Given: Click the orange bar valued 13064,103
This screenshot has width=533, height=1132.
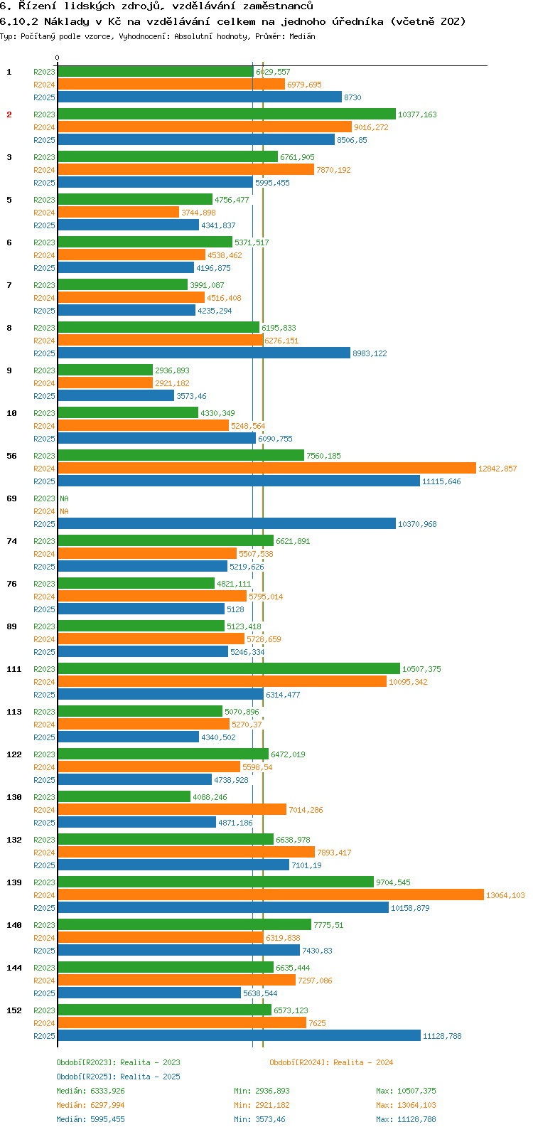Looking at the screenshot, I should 270,895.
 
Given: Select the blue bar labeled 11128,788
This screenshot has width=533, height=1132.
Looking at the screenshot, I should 239,1035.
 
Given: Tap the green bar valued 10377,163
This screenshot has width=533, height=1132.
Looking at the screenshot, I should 226,114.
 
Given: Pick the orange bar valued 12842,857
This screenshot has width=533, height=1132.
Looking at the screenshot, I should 266,468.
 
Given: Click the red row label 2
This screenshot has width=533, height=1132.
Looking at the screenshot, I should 9,114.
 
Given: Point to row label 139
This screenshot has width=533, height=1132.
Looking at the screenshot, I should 14,882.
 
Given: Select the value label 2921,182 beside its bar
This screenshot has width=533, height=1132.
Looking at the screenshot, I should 172,383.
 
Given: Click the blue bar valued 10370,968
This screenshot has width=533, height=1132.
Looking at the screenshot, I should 226,523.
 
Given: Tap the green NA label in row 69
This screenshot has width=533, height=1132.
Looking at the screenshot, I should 64,498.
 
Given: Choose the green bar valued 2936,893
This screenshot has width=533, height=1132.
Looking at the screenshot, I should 105,370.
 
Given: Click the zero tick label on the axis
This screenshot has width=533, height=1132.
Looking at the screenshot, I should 58,58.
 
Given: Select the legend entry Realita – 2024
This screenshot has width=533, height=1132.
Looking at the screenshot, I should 331,1062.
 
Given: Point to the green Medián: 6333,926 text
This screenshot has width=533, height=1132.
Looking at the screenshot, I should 90,1091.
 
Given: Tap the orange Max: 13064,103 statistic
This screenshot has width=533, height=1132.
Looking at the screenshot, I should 406,1105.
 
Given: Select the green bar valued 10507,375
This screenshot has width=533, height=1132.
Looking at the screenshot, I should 229,668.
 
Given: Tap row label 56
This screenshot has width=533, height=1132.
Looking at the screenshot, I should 11,456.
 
